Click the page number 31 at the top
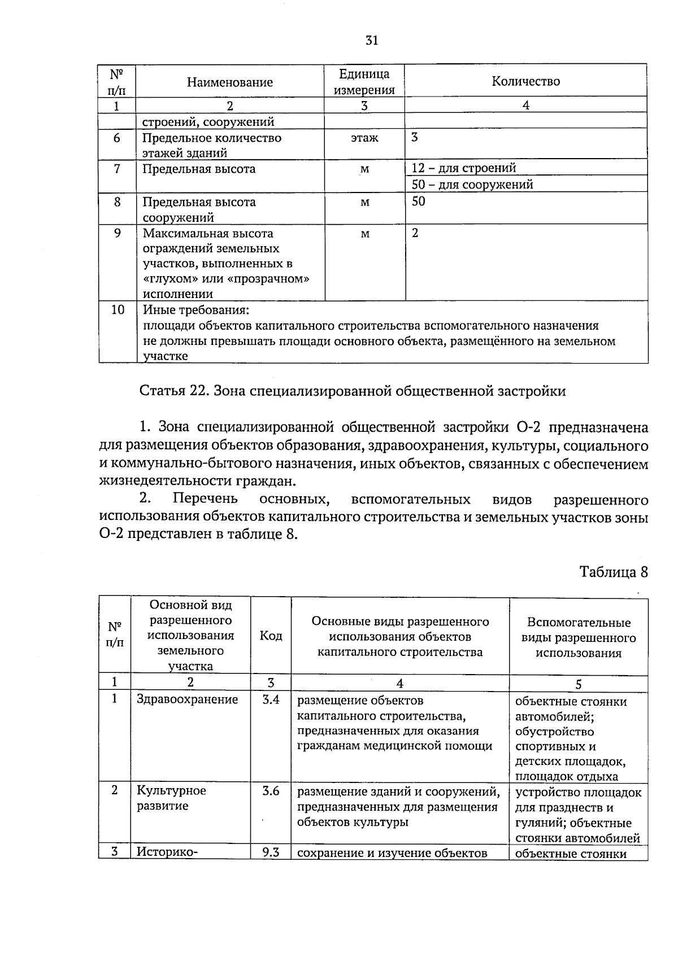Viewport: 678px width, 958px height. [x=371, y=40]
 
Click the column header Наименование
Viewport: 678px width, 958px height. [x=230, y=82]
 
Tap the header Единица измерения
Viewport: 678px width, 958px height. [x=364, y=82]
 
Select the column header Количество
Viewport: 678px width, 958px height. [x=525, y=81]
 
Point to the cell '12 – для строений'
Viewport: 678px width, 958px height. [x=463, y=168]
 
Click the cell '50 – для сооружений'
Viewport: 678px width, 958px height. [x=472, y=185]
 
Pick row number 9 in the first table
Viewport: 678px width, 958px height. [x=117, y=233]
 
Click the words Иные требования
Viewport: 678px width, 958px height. [x=195, y=310]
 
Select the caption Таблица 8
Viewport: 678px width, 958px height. [x=613, y=572]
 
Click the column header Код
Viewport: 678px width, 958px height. [x=271, y=636]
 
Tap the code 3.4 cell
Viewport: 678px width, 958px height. [x=271, y=700]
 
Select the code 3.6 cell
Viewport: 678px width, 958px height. [x=271, y=791]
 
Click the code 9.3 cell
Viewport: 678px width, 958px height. [x=271, y=852]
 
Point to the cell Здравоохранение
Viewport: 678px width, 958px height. [x=188, y=700]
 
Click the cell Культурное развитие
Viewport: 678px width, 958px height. [x=171, y=798]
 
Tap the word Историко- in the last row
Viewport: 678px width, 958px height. [x=167, y=852]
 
